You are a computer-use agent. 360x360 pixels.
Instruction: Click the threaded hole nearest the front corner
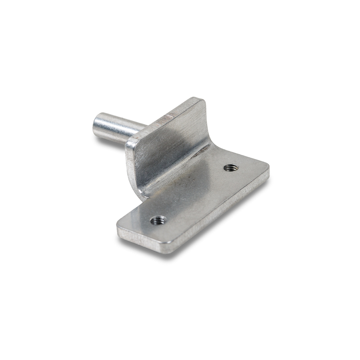(158, 220)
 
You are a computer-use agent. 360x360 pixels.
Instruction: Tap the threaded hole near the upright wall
(230, 168)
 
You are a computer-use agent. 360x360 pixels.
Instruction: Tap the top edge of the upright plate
(164, 120)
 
